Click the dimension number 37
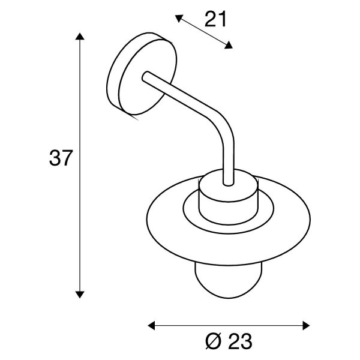61,158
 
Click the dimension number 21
215,19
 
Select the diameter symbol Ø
213,341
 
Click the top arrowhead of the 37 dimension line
80,36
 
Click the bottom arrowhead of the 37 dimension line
80,295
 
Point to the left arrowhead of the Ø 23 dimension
151,326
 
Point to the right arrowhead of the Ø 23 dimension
306,326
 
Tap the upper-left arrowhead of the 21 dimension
179,18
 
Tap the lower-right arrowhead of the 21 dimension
229,46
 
